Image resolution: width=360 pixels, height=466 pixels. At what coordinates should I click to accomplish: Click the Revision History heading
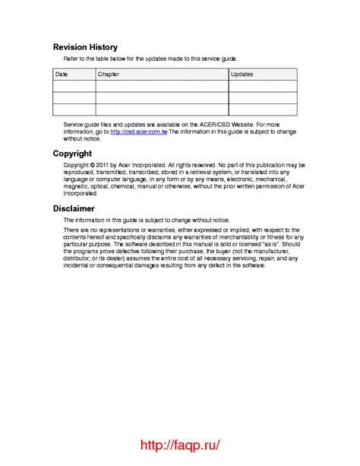pyautogui.click(x=84, y=46)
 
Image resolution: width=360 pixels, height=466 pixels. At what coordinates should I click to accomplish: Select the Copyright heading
pyautogui.click(x=72, y=154)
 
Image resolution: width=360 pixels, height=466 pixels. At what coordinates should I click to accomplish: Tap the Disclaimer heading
pyautogui.click(x=74, y=208)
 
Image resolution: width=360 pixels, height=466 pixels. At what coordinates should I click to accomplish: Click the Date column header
pyautogui.click(x=62, y=74)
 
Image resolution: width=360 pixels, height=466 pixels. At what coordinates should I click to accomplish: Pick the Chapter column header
pyautogui.click(x=109, y=74)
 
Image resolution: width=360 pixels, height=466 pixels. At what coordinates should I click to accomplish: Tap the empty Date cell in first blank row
pyautogui.click(x=74, y=87)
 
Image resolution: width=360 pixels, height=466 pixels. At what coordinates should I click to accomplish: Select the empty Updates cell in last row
pyautogui.click(x=263, y=109)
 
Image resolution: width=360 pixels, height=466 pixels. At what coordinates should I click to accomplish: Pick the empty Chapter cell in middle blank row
pyautogui.click(x=162, y=98)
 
